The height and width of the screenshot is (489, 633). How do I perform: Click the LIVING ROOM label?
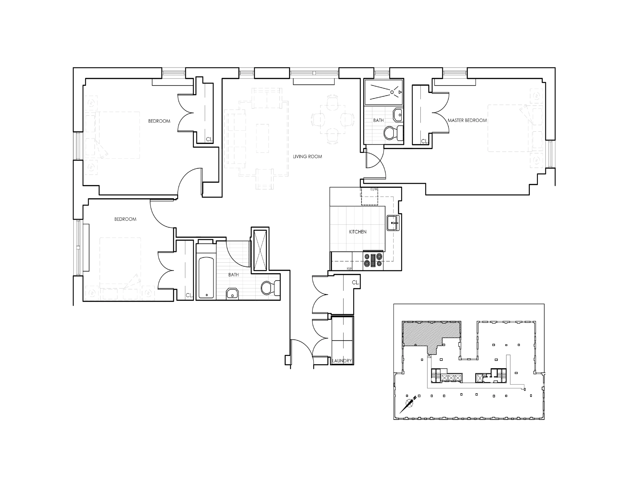click(x=307, y=157)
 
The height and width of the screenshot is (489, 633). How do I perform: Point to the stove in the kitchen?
click(x=373, y=260)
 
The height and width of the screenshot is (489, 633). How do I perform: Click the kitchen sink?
click(x=392, y=223)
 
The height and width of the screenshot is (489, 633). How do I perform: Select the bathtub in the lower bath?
click(x=206, y=277)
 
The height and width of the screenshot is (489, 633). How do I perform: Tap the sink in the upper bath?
click(x=398, y=115)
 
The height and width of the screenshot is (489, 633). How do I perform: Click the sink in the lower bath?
click(x=232, y=294)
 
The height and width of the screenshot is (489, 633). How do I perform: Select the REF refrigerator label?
click(x=349, y=268)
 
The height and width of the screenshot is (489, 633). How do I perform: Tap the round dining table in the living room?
click(x=332, y=119)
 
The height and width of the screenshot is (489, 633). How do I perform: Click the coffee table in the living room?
click(x=262, y=138)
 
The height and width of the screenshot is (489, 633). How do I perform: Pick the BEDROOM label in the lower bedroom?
click(x=125, y=219)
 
